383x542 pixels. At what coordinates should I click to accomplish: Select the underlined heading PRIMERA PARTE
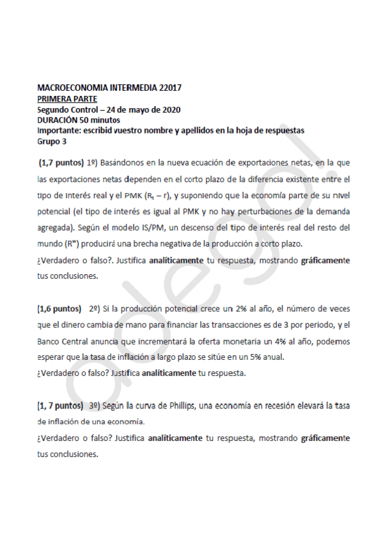click(67, 98)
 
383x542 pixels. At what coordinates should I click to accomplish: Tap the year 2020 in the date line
click(168, 109)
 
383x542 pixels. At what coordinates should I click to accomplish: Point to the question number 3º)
click(95, 405)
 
